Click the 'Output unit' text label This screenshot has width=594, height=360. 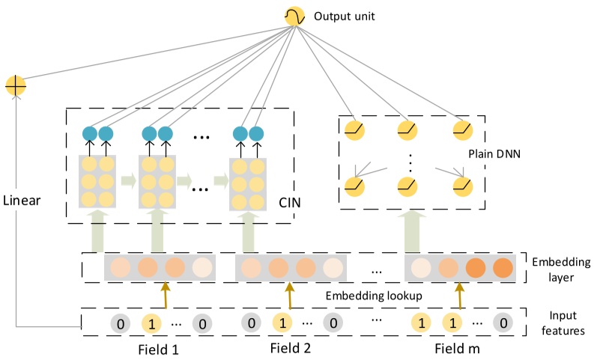pyautogui.click(x=344, y=15)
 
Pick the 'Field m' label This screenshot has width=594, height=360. pyautogui.click(x=458, y=348)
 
